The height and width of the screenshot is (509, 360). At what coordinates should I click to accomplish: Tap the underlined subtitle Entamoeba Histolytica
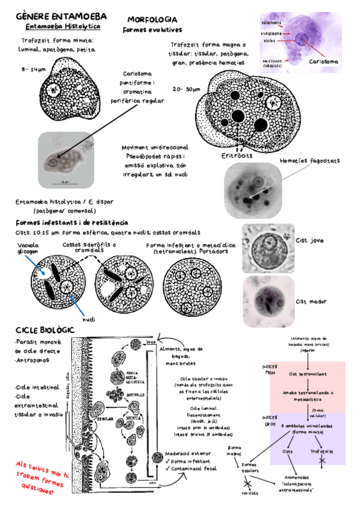tap(63, 27)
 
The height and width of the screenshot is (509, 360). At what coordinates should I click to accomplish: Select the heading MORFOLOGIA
tap(152, 20)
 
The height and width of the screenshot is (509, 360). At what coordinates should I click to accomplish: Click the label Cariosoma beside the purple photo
tap(324, 61)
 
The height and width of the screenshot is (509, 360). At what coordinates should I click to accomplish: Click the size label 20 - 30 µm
tap(185, 89)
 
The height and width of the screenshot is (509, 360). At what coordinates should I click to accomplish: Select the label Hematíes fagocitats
tap(310, 161)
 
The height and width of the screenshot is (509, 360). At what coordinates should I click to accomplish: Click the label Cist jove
tap(311, 240)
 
